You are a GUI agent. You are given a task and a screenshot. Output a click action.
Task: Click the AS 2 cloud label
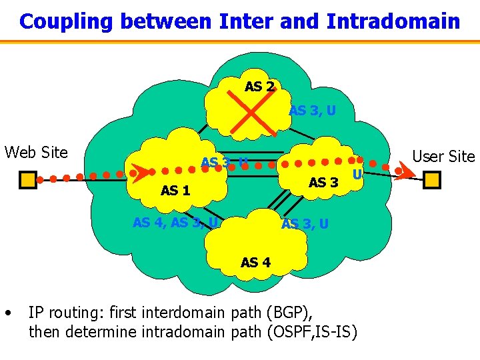click(x=259, y=87)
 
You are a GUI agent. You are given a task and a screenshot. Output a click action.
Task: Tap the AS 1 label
click(x=175, y=191)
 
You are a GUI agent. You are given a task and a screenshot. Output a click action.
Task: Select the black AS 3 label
click(x=324, y=183)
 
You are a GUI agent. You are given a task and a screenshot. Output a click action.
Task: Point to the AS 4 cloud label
click(x=255, y=263)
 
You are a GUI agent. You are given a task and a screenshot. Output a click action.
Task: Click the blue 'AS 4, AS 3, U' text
click(x=175, y=223)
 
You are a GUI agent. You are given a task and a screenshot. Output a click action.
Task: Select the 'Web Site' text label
click(x=36, y=153)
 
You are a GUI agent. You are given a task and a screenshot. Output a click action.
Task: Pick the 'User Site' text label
click(x=443, y=157)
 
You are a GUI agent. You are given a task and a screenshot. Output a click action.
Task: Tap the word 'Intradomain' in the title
click(x=393, y=21)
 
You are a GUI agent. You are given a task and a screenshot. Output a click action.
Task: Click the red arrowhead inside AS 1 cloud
click(x=139, y=173)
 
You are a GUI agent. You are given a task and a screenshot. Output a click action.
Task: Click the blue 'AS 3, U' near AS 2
click(x=312, y=111)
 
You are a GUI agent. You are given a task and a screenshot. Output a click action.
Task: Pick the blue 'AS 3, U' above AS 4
click(x=305, y=224)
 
